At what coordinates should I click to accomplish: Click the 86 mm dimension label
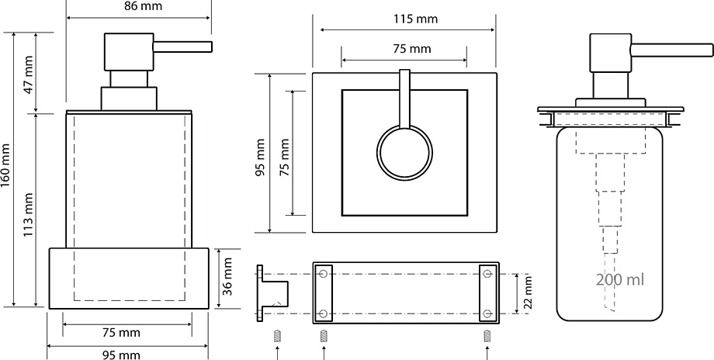tap(143, 6)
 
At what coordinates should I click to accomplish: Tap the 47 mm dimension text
tap(28, 74)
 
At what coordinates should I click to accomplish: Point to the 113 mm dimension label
tap(28, 214)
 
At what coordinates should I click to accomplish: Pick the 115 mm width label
tap(415, 19)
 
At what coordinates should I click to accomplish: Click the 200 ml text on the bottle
tap(620, 279)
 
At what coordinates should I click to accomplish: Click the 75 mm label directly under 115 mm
tap(412, 49)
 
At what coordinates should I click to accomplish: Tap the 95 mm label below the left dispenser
tap(120, 355)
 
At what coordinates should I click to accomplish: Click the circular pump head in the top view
tap(404, 152)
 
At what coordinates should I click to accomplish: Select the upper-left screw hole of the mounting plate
tap(324, 274)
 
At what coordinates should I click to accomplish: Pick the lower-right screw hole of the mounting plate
tap(487, 313)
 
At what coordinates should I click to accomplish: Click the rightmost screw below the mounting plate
tap(487, 336)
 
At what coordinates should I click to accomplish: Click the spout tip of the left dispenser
tap(211, 47)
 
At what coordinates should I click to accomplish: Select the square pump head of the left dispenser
tap(129, 52)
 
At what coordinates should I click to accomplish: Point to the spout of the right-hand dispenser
tap(671, 50)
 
